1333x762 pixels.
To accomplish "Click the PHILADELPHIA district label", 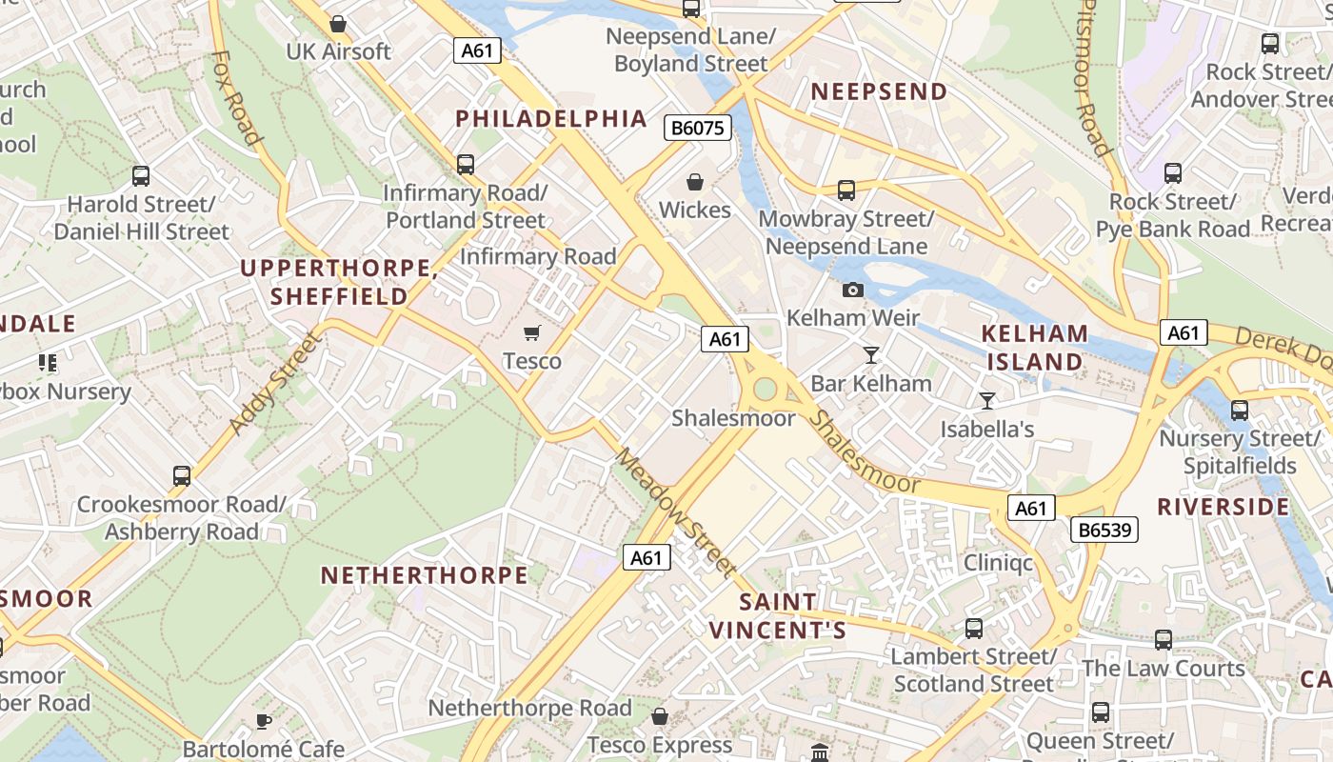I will (x=551, y=119).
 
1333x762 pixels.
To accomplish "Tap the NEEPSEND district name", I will (x=878, y=91).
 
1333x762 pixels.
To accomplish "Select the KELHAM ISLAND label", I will (x=1035, y=348).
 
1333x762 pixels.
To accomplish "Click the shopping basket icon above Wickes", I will (x=695, y=181).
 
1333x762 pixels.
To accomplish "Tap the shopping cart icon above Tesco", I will (x=531, y=332).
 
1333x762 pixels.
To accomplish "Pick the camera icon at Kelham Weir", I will (x=852, y=290).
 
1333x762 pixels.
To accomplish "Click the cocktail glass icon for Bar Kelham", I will (x=870, y=355).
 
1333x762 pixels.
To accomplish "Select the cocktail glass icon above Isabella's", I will (x=987, y=401).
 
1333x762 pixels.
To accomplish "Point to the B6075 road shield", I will (x=698, y=128).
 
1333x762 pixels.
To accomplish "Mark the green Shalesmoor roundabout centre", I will (x=764, y=389).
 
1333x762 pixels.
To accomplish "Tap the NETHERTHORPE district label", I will (x=424, y=575).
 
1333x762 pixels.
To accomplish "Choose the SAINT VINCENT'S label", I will (x=778, y=616).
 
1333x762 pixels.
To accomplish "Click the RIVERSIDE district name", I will (x=1223, y=507).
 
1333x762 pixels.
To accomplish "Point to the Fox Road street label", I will (x=235, y=98).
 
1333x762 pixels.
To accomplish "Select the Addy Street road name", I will (x=274, y=381).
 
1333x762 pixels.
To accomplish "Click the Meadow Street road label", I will (x=675, y=512).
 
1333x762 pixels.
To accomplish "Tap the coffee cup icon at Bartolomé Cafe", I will (x=264, y=721).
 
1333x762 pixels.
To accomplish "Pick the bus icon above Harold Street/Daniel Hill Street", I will (x=141, y=175).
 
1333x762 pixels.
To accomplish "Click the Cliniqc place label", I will (x=998, y=562).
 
